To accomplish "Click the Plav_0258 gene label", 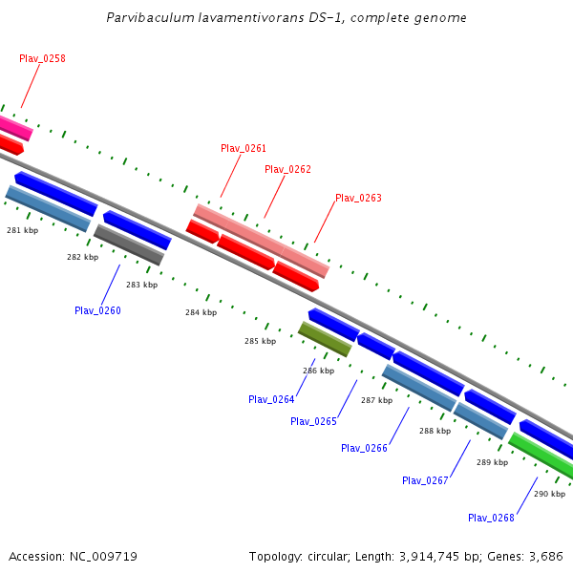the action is [42, 58].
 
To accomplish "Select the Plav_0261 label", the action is [244, 148].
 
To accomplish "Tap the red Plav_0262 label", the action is [287, 169].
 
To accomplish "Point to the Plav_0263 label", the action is [358, 198].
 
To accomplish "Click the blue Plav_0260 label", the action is [97, 310].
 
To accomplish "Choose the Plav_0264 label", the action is [271, 399].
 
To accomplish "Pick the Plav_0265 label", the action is [313, 421].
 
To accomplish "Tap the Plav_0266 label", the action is [364, 448].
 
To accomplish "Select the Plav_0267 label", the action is [425, 480].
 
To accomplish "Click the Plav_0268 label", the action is [491, 518].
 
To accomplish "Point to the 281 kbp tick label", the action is [22, 230].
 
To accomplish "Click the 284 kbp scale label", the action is [201, 312].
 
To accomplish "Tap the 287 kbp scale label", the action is [377, 400].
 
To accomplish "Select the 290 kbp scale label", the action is [550, 494].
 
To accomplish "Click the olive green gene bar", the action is [325, 339].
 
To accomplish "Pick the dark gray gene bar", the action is [129, 244].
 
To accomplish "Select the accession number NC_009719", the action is [103, 557].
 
